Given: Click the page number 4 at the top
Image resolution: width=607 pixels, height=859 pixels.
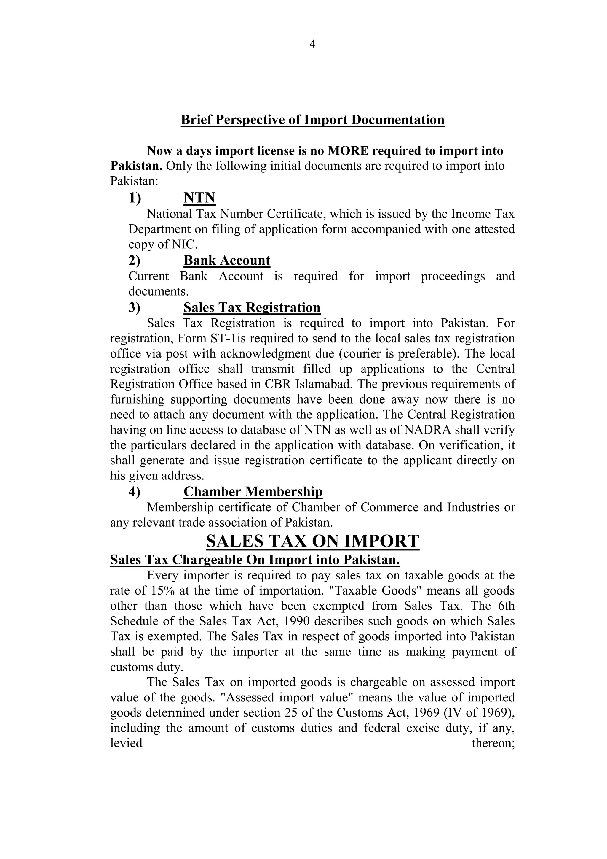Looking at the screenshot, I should [x=312, y=44].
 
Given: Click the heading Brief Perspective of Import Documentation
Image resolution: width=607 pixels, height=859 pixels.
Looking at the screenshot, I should [x=312, y=120].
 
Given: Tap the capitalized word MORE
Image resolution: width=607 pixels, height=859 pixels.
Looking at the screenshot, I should [x=348, y=151].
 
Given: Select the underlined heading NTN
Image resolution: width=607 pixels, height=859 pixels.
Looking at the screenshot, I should [x=199, y=198].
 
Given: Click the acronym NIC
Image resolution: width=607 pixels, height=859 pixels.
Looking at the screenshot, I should [x=184, y=245].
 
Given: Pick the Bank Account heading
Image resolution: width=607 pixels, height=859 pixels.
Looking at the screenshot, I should [x=226, y=261].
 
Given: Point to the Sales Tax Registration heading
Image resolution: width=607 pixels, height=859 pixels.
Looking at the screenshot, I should [x=252, y=307].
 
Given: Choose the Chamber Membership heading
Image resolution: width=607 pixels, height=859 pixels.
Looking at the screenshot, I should [x=253, y=492].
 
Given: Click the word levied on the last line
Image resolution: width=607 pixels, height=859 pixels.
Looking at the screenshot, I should [x=126, y=743].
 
